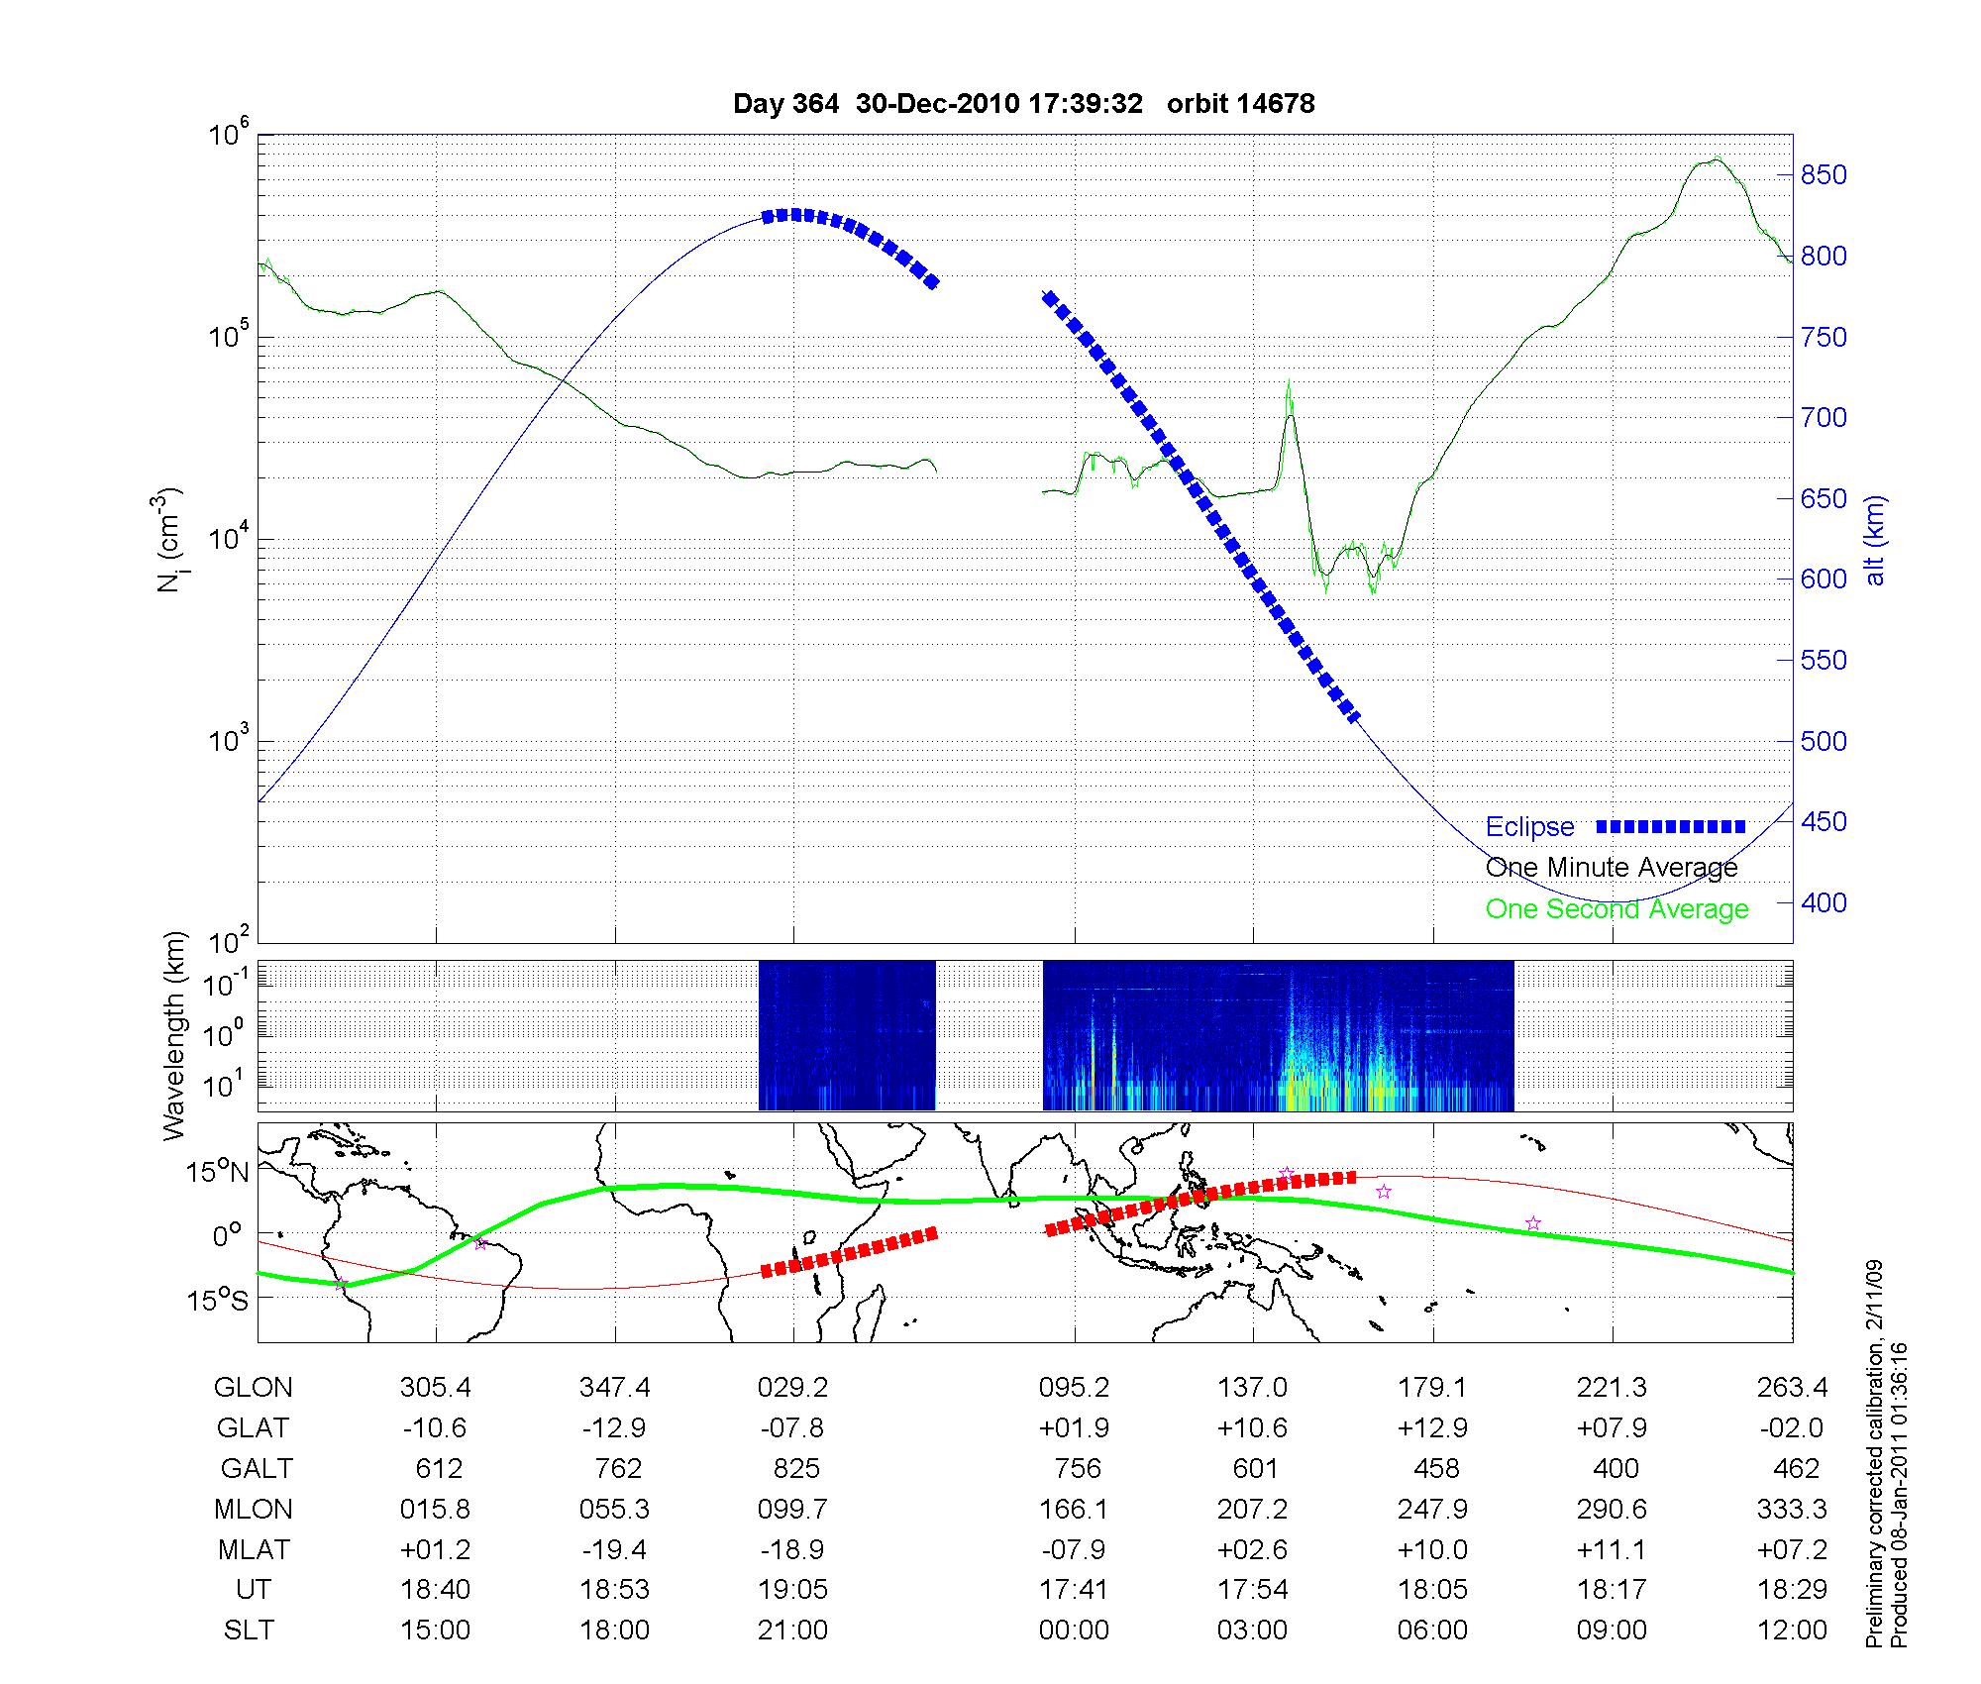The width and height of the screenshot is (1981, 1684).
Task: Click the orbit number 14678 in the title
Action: pos(1276,104)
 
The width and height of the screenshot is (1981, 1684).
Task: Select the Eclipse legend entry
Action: pos(1529,827)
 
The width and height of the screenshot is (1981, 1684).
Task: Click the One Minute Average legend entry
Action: pos(1612,868)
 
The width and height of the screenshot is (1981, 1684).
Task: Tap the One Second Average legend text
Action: pos(1616,909)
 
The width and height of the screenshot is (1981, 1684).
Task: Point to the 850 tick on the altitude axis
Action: pos(1824,175)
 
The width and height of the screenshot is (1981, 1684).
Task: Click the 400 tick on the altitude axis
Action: pos(1824,902)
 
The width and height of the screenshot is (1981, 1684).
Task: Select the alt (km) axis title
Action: pos(1875,539)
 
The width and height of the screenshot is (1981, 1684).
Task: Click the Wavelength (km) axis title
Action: pos(174,1035)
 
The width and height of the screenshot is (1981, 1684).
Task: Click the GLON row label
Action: pos(254,1388)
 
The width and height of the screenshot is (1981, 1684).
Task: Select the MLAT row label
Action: pos(254,1549)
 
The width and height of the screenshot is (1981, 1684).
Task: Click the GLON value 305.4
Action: pos(436,1388)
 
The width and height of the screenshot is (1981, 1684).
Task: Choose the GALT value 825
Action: pos(796,1468)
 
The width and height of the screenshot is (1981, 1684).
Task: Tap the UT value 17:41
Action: pos(1074,1590)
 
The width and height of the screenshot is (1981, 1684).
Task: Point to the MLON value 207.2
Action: pos(1253,1510)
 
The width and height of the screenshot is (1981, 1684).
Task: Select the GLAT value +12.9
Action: pos(1432,1428)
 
